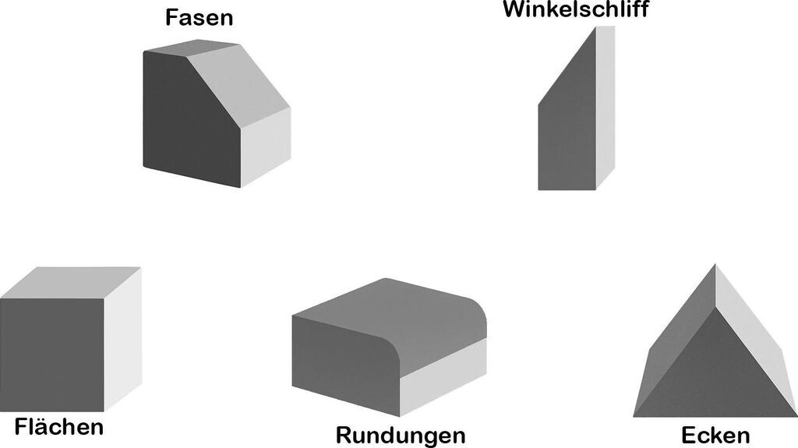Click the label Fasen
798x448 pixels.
pos(199,18)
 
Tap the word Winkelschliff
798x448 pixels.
pos(575,9)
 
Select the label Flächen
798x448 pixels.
pos(58,426)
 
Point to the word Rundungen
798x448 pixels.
pos(400,435)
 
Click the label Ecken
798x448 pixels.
pos(715,435)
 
